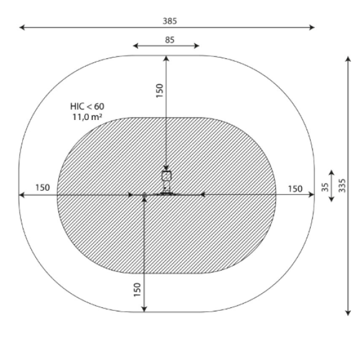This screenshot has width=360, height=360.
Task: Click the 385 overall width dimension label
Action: point(170,21)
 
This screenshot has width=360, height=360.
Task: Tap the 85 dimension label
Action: point(170,40)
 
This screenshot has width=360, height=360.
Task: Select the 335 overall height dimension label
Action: point(342,185)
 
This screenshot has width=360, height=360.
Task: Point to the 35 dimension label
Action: point(325,187)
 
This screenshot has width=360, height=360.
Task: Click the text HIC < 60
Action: point(87,106)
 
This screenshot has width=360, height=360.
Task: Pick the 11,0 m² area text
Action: point(87,117)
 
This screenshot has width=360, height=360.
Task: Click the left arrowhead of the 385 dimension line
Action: point(22,28)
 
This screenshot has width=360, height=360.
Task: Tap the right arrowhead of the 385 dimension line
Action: point(312,28)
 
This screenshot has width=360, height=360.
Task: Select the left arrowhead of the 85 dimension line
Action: point(136,46)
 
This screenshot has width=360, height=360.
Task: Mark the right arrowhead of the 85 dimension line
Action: point(197,46)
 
